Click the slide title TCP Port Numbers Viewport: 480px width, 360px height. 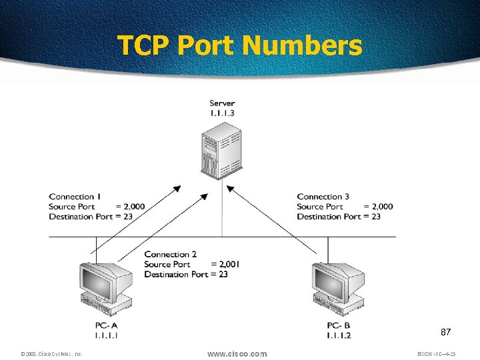[x=240, y=46]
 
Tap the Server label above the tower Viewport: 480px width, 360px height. [x=222, y=103]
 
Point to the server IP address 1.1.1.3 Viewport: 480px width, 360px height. [x=222, y=113]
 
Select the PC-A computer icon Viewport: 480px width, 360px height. [x=105, y=288]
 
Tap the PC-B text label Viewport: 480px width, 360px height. [x=339, y=325]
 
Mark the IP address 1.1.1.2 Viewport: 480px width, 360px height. [x=339, y=335]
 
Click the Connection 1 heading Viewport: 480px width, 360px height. [x=75, y=197]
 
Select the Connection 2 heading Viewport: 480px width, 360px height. [x=171, y=254]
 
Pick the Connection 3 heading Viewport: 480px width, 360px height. [x=323, y=197]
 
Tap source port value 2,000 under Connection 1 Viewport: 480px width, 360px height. [x=134, y=207]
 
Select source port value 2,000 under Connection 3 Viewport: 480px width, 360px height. [x=382, y=207]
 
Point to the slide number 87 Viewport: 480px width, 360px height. [x=446, y=331]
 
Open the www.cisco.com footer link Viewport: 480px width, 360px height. [x=237, y=353]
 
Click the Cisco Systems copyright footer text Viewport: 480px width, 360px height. [x=51, y=354]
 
